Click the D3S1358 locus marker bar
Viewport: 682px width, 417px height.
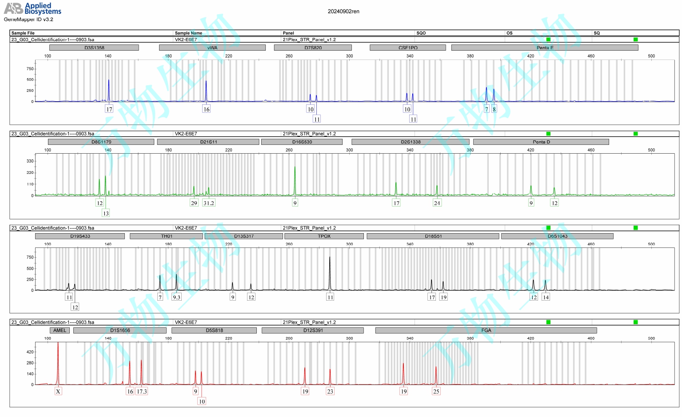(94, 48)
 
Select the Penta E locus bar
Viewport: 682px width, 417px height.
(545, 48)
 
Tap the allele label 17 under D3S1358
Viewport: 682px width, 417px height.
(109, 109)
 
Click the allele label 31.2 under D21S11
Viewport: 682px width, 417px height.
(208, 203)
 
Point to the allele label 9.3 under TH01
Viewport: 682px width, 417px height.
(176, 297)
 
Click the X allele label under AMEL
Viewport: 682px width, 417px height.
(58, 391)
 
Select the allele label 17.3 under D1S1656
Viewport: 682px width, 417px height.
(142, 391)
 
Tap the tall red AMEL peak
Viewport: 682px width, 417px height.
(58, 355)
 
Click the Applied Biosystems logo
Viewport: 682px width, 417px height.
(32, 8)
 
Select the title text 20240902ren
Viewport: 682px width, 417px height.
(343, 12)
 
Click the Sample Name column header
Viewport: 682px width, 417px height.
(188, 33)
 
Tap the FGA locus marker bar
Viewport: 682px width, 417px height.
(486, 330)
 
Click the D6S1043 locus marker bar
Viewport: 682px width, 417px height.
(557, 236)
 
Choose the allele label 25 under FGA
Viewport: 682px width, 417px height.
(436, 391)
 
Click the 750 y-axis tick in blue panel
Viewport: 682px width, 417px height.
(30, 69)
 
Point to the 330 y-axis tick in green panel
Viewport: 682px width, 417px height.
(30, 161)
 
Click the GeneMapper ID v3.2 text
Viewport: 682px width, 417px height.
(28, 20)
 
